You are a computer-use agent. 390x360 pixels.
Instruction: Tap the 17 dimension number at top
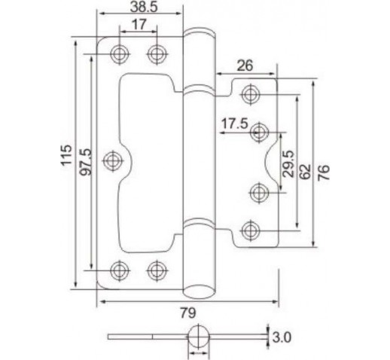(x=139, y=24)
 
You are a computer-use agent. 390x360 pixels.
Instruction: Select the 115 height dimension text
(x=67, y=154)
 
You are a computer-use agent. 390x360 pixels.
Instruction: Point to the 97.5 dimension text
(x=86, y=162)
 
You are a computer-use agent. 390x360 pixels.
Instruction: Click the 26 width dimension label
(x=245, y=66)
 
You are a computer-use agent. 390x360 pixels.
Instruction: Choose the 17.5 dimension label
(x=234, y=124)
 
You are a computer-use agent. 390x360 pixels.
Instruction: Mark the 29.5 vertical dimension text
(x=288, y=164)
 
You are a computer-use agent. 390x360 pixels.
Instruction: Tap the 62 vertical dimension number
(x=305, y=172)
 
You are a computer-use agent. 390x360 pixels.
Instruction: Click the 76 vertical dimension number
(x=324, y=172)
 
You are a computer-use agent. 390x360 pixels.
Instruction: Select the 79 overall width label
(x=188, y=313)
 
